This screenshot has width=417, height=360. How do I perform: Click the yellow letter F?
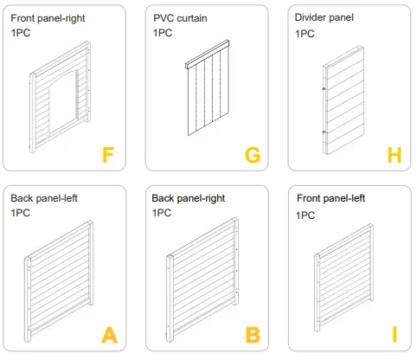108,155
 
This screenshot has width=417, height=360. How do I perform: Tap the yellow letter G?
253,155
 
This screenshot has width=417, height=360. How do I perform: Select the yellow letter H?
395,155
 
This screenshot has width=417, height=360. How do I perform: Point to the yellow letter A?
109,335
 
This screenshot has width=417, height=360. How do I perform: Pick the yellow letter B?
252,335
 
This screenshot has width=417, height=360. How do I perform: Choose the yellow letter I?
395,335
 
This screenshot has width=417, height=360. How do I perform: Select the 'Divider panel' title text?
324,17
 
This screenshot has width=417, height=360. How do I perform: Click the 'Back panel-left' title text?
44,198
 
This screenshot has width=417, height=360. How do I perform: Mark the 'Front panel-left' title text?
330,198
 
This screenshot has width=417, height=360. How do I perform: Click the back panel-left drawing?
59,279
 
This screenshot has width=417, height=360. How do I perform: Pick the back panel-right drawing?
203,279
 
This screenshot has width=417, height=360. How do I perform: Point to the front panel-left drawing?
343,279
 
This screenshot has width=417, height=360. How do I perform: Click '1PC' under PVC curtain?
162,33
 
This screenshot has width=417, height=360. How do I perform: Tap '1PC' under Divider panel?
305,33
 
